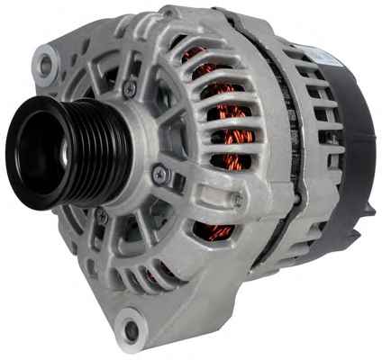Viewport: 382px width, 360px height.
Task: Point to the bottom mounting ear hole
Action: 133,329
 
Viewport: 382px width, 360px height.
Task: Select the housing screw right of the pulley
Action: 160,175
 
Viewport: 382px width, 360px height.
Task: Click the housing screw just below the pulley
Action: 102,217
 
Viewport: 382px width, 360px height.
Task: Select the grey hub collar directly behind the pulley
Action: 135,144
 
